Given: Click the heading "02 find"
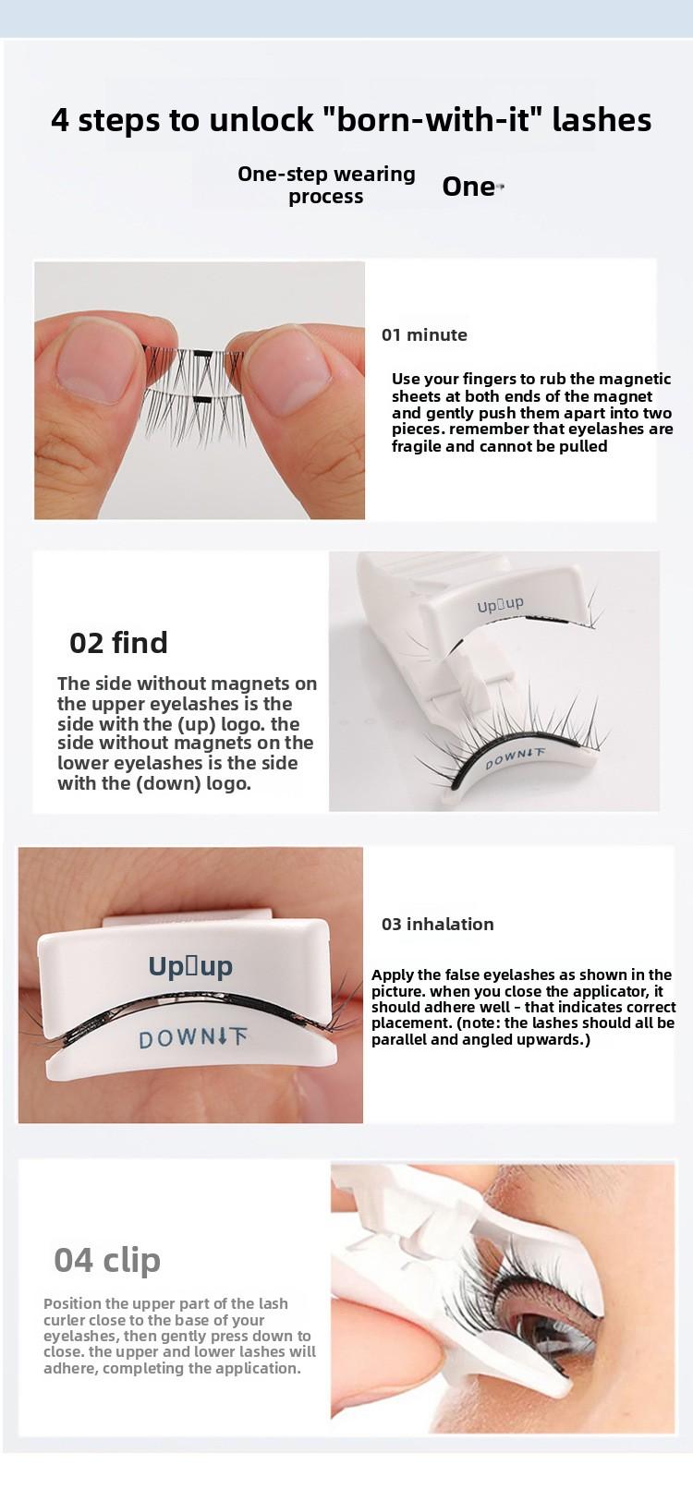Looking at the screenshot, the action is point(118,643).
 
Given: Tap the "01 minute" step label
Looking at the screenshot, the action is point(424,335).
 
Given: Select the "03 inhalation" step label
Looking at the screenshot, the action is point(437,924).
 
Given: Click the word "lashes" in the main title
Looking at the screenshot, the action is point(602,120).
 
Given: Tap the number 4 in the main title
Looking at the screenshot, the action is point(60,121).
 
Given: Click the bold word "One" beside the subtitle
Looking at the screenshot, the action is point(468,187).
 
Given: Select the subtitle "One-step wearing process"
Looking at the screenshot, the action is point(326,185).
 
